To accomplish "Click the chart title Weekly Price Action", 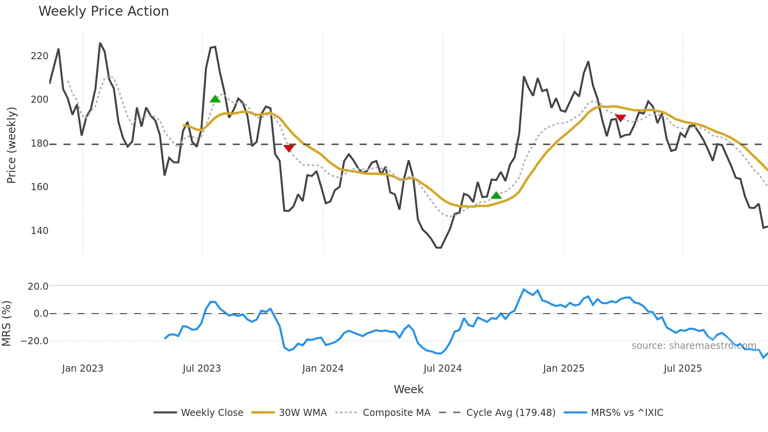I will [x=103, y=11].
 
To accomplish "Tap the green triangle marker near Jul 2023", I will [x=215, y=99].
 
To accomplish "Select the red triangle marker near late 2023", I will [x=289, y=148].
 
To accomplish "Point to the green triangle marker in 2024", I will [x=496, y=195].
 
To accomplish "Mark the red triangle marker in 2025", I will [x=620, y=118].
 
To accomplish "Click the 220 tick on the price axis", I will [x=40, y=56].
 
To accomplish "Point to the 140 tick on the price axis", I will [x=40, y=231].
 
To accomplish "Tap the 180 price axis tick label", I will [x=40, y=144].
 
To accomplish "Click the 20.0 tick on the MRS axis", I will [x=38, y=287].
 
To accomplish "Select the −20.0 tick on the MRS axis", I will [x=34, y=341].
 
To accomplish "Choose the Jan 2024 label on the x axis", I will [x=322, y=368].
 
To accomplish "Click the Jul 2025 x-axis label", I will [x=683, y=368].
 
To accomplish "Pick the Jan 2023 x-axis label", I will [x=83, y=368].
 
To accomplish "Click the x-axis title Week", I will [x=408, y=389].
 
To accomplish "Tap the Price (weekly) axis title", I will [x=11, y=145].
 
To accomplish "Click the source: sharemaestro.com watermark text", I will [x=694, y=346].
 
